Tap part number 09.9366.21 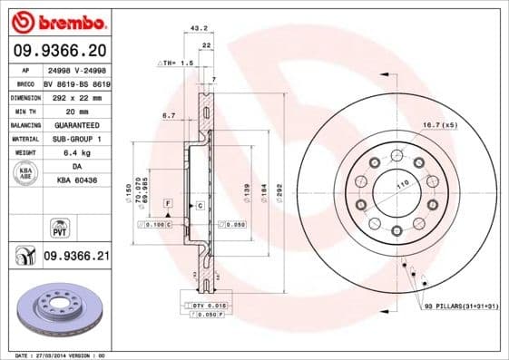click(76, 258)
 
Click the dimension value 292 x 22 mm click(75, 96)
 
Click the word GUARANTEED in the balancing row click(75, 125)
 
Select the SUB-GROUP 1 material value click(75, 139)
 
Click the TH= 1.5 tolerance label click(177, 63)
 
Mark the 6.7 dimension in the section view click(169, 115)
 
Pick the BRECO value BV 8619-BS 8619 click(77, 82)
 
